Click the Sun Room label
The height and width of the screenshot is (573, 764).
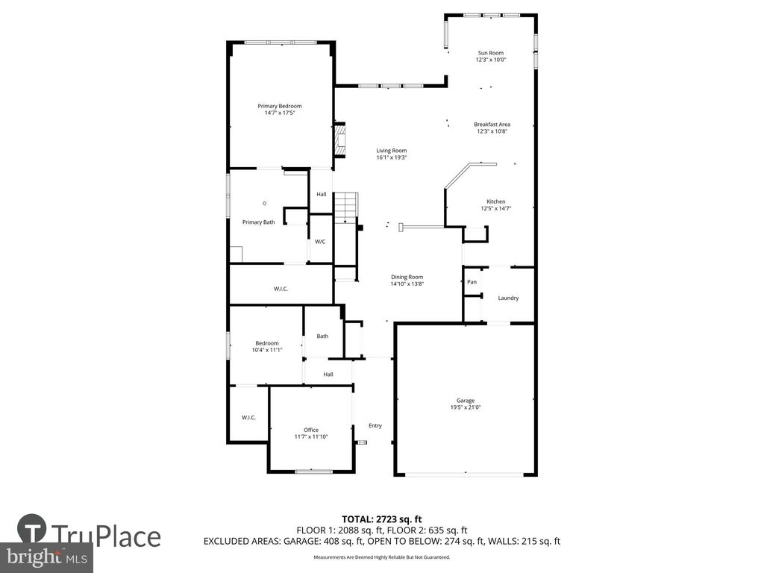490,53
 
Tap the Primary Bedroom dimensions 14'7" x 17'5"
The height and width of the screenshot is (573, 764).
280,113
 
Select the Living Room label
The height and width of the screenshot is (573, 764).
391,151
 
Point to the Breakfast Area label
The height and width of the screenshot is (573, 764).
492,124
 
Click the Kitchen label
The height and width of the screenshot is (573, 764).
496,201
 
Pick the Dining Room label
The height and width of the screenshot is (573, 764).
407,277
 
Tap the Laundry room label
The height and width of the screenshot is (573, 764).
508,298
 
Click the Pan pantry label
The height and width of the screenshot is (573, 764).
472,282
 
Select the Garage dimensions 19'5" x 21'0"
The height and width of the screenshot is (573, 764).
466,407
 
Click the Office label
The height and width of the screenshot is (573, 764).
311,430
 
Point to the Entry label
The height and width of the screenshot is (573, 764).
375,426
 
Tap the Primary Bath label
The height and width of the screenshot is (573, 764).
259,222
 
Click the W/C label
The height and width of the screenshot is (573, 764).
319,242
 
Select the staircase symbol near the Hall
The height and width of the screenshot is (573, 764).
346,207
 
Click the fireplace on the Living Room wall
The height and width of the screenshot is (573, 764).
340,140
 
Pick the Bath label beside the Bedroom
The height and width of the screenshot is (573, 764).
322,336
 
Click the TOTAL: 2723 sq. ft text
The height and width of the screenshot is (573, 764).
382,519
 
